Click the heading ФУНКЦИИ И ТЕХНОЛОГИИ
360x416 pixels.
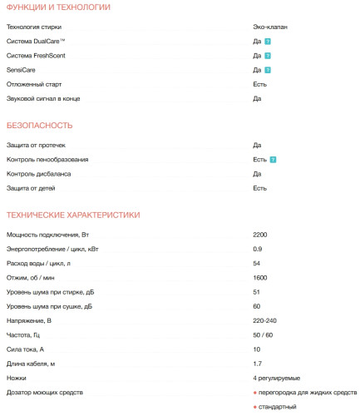click(57, 7)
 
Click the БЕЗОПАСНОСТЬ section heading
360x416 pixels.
click(39, 126)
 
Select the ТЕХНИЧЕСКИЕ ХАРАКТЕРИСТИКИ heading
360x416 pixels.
click(72, 215)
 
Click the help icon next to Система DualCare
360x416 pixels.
click(269, 41)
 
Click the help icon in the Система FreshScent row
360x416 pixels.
click(269, 56)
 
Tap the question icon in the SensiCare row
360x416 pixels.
click(269, 70)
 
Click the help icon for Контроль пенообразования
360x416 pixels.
click(274, 160)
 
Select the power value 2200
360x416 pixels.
click(260, 235)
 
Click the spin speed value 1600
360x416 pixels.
click(260, 278)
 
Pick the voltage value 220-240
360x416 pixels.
click(265, 321)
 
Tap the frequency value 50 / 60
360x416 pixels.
click(263, 335)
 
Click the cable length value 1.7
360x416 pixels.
click(257, 364)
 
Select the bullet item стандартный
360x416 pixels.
click(277, 406)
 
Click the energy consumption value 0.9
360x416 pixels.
click(257, 250)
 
